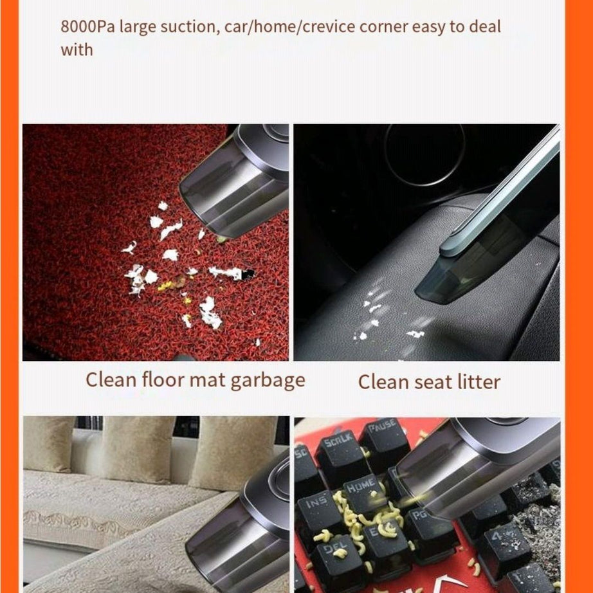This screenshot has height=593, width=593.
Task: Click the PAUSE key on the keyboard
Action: click(x=384, y=435)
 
